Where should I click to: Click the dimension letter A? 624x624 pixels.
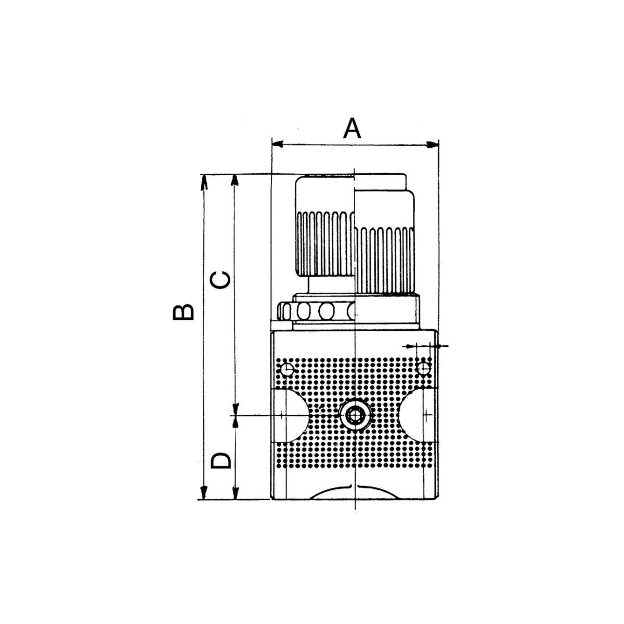point(352,128)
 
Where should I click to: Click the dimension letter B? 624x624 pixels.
point(183,312)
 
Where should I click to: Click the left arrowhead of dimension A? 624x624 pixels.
point(278,144)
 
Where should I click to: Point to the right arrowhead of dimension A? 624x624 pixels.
point(432,145)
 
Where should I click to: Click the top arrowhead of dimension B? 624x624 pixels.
point(204,181)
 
